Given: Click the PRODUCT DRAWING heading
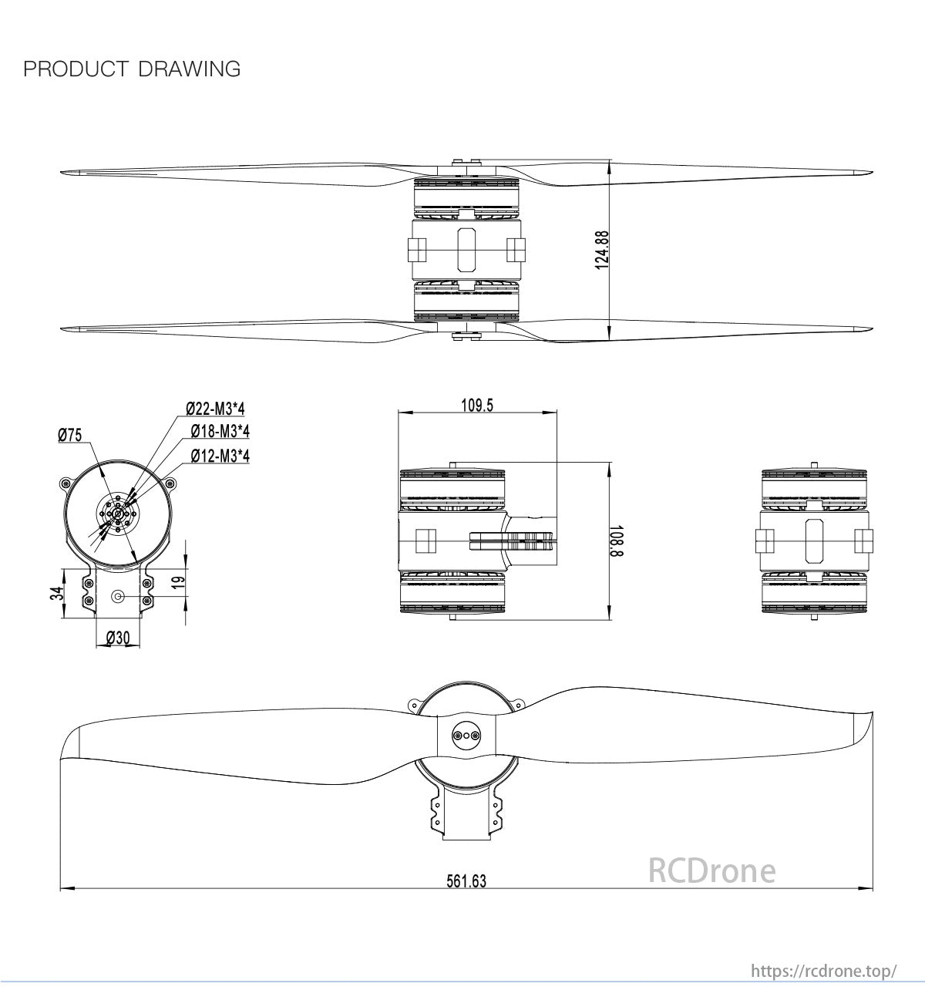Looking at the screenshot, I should tap(132, 69).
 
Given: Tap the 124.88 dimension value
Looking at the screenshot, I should tap(602, 249).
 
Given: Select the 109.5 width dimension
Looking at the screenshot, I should tap(477, 406).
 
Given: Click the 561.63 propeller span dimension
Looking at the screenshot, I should tap(466, 881).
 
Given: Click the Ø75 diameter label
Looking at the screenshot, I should tap(69, 436).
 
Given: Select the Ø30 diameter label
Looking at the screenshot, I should tap(117, 638).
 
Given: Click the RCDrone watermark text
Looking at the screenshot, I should tap(711, 871).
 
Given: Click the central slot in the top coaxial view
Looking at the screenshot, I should tap(466, 249).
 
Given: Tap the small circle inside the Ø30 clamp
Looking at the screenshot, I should tap(118, 596).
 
